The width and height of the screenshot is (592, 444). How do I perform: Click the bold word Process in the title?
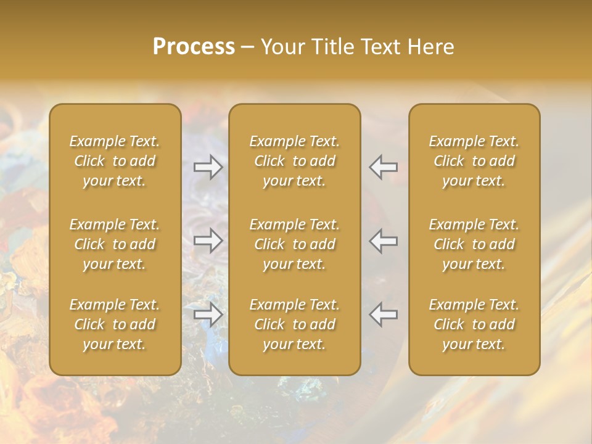[x=194, y=47]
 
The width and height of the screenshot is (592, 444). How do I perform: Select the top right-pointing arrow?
[x=208, y=166]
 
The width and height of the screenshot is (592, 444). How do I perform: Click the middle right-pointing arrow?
[x=208, y=240]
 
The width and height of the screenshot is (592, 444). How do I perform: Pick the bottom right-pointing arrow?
[x=208, y=314]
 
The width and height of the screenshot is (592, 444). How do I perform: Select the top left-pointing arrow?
[x=384, y=166]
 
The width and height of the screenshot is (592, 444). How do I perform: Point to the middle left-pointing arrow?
[x=384, y=240]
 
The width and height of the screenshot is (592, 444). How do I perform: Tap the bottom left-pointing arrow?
[x=384, y=314]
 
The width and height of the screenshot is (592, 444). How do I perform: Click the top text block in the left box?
[x=115, y=161]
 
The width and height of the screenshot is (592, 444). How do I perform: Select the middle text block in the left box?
[x=115, y=244]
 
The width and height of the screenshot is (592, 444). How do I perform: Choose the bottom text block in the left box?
[x=115, y=324]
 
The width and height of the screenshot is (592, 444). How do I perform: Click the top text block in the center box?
[x=294, y=161]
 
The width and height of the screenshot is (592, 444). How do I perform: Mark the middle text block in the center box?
[x=294, y=244]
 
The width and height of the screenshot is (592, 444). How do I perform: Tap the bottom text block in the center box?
[x=294, y=324]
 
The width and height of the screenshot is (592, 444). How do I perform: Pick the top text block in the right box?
[x=474, y=161]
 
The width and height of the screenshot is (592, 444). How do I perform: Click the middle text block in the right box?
[x=474, y=244]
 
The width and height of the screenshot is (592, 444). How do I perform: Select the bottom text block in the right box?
[x=474, y=324]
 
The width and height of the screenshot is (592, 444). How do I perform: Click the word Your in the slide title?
[x=282, y=47]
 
